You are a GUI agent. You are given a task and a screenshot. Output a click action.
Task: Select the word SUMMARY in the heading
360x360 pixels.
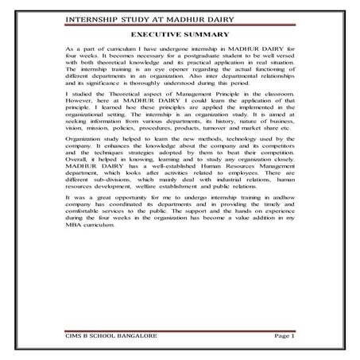pos(206,34)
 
